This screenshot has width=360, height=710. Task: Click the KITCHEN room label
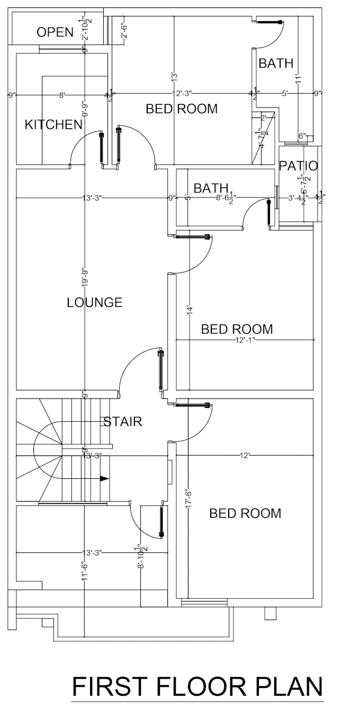coord(53,125)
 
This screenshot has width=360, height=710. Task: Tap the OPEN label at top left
coord(55,32)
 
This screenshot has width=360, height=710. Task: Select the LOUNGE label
coord(95,303)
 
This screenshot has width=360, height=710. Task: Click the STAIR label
coord(122,422)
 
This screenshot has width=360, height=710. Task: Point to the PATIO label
coord(299,166)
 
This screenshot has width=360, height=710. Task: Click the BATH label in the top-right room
coord(276,63)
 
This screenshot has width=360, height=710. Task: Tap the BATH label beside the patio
coord(211,188)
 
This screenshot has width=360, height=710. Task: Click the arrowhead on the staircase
coord(104,478)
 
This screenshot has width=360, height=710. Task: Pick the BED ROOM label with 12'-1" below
coord(237,329)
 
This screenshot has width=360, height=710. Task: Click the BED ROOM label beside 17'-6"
coord(245,513)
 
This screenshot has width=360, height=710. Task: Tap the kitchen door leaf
coord(101,147)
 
